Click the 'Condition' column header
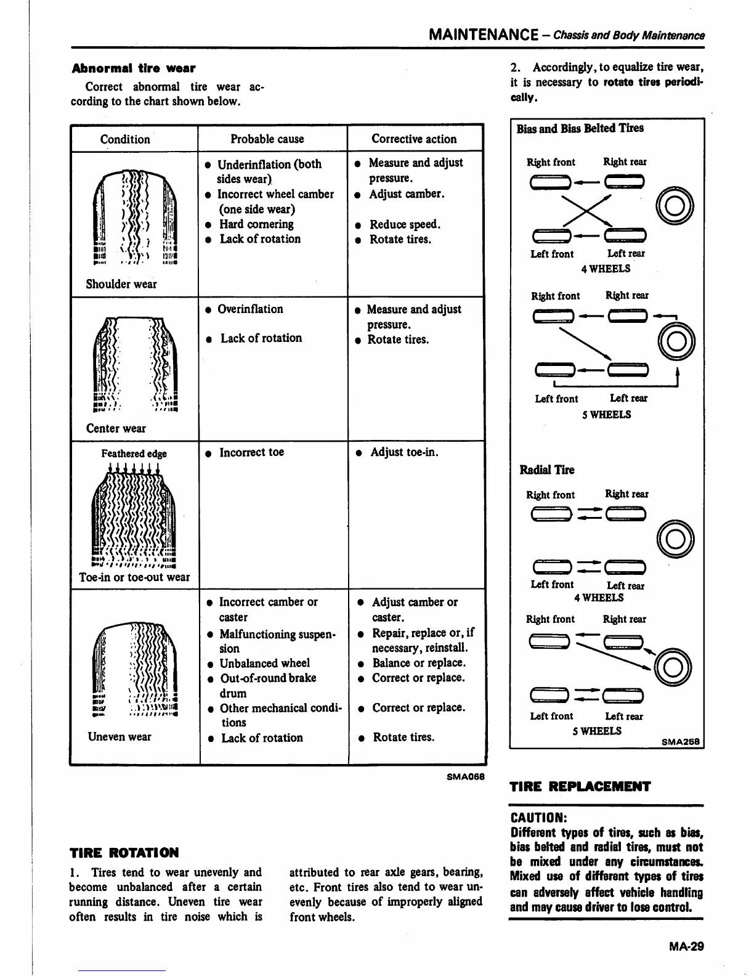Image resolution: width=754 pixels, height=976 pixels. [x=125, y=139]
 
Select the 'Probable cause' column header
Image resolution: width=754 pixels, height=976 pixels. [x=267, y=139]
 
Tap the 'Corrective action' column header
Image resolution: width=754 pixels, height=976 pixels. [x=414, y=139]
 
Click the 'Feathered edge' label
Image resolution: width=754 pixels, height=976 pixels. [x=134, y=453]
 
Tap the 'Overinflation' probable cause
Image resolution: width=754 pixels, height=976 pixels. [x=250, y=309]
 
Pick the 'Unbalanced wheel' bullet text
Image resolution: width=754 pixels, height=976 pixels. [x=264, y=664]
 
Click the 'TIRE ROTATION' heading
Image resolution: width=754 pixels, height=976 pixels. [x=124, y=853]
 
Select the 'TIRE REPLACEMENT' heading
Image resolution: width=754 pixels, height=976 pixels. [x=580, y=786]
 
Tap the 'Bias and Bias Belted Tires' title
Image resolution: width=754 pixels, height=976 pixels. [x=580, y=128]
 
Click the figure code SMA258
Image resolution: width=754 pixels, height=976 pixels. [x=681, y=742]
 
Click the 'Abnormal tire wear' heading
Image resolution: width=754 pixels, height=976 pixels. [x=134, y=68]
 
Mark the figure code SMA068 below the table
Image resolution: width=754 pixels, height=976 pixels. [x=466, y=776]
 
